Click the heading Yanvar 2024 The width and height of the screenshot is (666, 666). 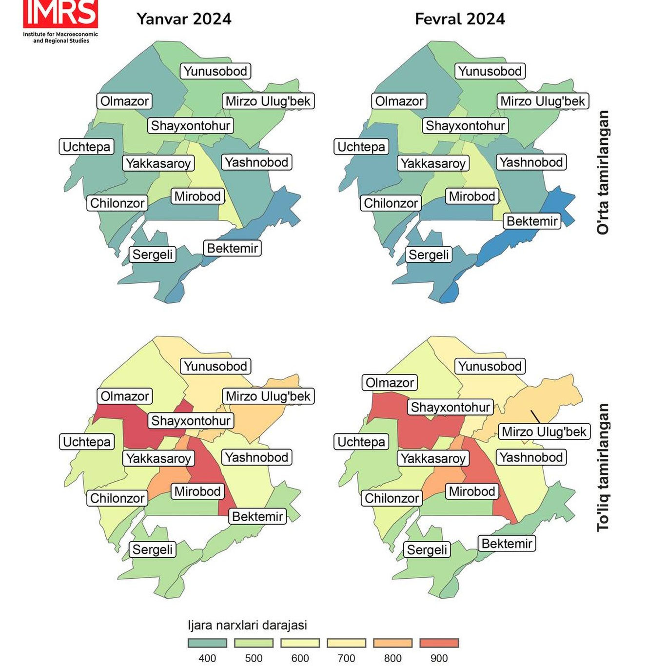tap(184, 19)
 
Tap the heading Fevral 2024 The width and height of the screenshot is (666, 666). tap(460, 19)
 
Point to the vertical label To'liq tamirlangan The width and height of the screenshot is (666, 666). tap(603, 467)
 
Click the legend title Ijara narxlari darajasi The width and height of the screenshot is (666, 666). tap(247, 625)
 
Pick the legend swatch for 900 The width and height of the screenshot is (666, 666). tap(439, 643)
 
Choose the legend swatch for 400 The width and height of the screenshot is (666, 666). tap(207, 643)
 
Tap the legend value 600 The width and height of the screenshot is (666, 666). tap(300, 658)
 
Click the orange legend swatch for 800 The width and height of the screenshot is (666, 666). tap(392, 643)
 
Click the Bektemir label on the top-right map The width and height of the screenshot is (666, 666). tap(532, 221)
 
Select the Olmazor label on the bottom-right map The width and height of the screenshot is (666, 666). tap(390, 383)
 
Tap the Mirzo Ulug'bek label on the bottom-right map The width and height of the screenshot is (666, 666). tap(544, 432)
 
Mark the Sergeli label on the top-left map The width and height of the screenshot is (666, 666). tap(153, 255)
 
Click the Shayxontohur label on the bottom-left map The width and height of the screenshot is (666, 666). tap(191, 421)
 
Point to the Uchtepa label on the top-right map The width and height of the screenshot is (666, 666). tap(361, 147)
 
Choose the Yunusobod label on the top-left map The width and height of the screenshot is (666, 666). tap(215, 71)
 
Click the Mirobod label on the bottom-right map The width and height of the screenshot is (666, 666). tap(472, 491)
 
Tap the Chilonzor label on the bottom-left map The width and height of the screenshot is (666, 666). tap(118, 498)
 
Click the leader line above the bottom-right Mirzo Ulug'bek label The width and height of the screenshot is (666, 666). tap(535, 417)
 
